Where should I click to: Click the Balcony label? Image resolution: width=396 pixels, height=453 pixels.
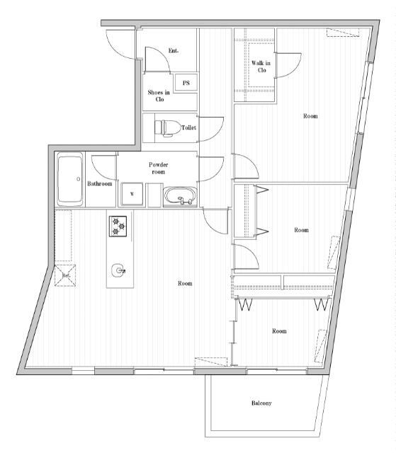pos(261,403)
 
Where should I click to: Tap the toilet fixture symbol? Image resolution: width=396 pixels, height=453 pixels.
pos(167,127)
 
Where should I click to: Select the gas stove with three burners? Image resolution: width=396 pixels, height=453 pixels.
pos(118,226)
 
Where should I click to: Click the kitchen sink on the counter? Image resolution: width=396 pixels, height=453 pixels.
pos(118,270)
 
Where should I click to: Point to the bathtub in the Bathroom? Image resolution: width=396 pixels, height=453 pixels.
pos(70,179)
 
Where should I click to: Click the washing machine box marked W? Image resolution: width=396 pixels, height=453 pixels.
pos(132,194)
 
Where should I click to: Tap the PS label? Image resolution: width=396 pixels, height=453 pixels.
pos(186,83)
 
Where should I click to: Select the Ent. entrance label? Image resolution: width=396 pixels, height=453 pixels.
pos(174,50)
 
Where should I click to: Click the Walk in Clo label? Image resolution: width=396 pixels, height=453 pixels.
pos(261,67)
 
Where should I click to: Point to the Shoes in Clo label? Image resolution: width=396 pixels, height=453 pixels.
pos(159,96)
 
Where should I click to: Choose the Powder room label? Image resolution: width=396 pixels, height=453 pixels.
pos(159,168)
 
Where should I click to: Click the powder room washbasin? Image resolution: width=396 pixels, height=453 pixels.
pos(181,197)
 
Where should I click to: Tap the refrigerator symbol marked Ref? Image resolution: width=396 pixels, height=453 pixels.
pos(65,275)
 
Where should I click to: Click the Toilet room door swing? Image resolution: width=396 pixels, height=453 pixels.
pos(210,129)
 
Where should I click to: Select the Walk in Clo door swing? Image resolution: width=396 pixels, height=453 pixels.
pos(288,65)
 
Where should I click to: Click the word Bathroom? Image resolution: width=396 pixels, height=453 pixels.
pos(99,183)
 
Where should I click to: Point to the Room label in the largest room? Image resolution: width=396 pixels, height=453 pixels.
pos(185,283)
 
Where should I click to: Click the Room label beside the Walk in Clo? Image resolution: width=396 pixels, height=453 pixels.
pos(310,116)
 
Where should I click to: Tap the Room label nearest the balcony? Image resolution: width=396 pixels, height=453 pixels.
pos(279,331)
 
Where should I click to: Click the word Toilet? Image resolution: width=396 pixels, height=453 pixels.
pos(188,127)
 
